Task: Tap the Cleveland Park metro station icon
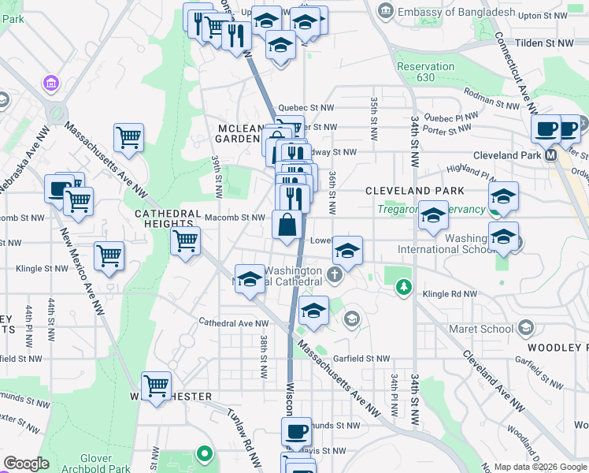tap(551, 155)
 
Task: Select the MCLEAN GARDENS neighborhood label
tap(238, 133)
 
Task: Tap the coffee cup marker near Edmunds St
tap(297, 432)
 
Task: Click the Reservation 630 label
tap(426, 73)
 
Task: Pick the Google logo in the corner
tap(26, 464)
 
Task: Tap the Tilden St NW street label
tap(544, 43)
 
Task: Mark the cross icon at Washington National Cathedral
tap(335, 275)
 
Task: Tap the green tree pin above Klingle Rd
tap(403, 286)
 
